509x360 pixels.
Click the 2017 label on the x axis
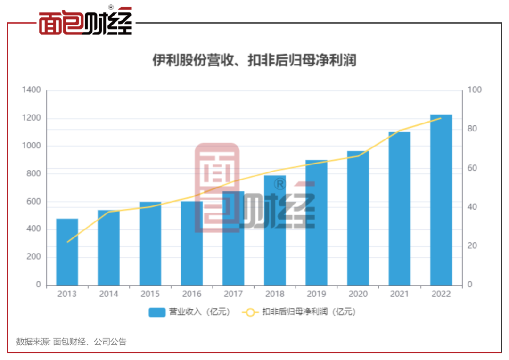point(233,294)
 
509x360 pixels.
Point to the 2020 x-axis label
point(358,294)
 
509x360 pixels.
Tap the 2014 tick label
point(108,294)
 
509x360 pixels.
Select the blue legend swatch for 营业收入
point(157,312)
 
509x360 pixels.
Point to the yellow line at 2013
point(67,242)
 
